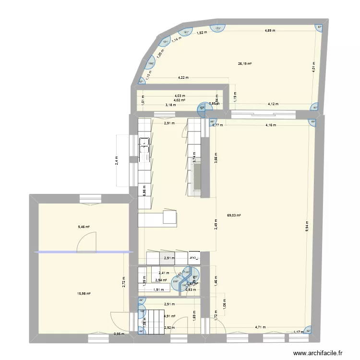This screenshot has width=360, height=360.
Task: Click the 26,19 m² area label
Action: point(245,64)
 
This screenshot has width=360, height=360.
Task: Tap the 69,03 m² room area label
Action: point(234,216)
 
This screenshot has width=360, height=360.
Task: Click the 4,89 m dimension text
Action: point(271,31)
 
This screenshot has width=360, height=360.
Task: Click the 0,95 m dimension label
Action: point(119,334)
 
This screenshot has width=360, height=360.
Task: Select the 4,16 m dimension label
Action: point(271,125)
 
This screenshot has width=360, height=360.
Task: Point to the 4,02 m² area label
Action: point(180,100)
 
